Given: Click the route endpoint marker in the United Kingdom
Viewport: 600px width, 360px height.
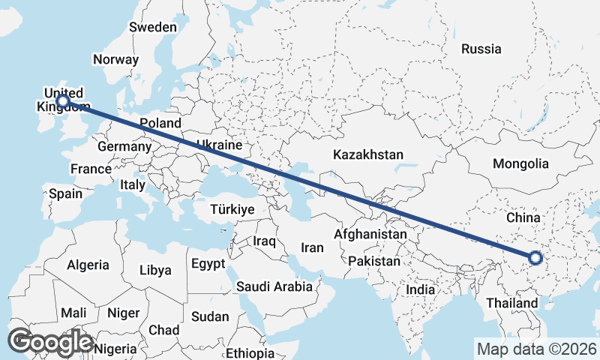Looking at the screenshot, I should pos(63,100).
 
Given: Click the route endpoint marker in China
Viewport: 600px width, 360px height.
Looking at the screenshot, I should pos(535,258).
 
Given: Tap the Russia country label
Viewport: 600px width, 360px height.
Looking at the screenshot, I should pos(481,49).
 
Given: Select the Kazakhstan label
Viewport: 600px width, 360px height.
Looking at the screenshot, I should pos(368,155).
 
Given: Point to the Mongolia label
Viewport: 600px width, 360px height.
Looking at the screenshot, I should pos(520,163).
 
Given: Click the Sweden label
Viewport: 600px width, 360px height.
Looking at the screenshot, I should pos(153,27).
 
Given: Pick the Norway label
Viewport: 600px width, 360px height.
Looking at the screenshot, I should pos(115,59).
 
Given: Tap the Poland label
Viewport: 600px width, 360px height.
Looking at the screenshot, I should pos(160,123).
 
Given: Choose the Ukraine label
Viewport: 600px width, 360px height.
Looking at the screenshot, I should pos(218,145).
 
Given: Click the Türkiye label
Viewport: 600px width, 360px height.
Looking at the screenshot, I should pos(232,209).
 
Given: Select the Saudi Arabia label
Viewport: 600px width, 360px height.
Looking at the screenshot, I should pos(274,286).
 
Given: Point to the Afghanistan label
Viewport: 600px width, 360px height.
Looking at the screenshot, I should pos(370,234).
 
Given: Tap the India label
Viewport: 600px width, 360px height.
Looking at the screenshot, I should pos(420,289).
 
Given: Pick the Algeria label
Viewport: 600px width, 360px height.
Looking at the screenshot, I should pos(88,265).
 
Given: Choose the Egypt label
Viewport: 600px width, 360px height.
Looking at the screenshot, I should pos(208,264).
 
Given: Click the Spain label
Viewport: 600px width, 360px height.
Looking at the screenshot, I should pos(65,193).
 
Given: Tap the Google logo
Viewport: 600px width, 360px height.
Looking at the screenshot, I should pos(51,342).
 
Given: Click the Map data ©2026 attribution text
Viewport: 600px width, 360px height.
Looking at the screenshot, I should pos(536,349).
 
